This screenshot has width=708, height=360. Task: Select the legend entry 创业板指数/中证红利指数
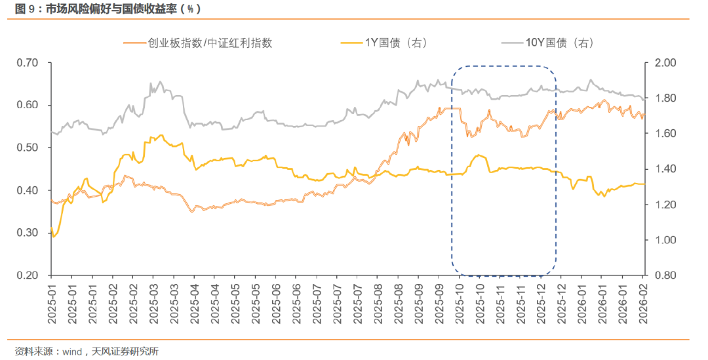(x=210, y=43)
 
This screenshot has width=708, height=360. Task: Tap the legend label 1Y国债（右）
(x=397, y=43)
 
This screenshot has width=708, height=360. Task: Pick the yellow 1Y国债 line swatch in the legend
(x=351, y=43)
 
